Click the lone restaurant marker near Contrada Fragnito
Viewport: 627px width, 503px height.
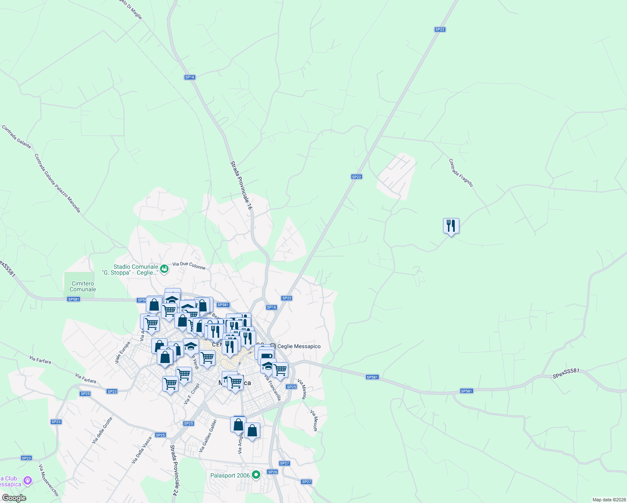pos(451,226)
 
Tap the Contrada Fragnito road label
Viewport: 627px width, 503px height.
pos(461,173)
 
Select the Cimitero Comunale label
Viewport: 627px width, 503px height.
pos(83,286)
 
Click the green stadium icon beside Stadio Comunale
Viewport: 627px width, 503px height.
pos(164,269)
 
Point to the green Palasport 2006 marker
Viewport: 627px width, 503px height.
pos(256,475)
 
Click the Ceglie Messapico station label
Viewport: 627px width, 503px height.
pos(299,346)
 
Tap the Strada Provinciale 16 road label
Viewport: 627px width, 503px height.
pos(241,185)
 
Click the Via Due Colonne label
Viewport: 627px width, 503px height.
pos(189,266)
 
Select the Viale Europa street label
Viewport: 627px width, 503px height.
pos(122,352)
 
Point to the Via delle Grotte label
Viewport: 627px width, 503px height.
pos(102,430)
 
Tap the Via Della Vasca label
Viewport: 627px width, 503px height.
pos(142,450)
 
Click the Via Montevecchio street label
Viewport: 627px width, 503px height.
pos(49,480)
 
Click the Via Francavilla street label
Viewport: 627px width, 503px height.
pos(272,388)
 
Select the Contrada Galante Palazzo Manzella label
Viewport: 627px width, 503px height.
pos(57,183)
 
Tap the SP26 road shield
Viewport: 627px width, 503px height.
pos(272,472)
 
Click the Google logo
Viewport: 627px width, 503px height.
pos(14,498)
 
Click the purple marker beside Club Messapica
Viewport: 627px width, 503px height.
pos(28,480)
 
